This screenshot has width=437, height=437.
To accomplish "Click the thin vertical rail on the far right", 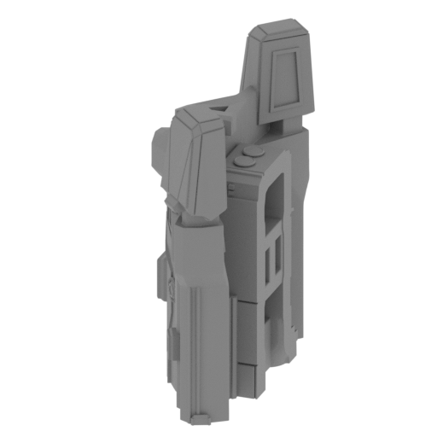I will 294,256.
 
